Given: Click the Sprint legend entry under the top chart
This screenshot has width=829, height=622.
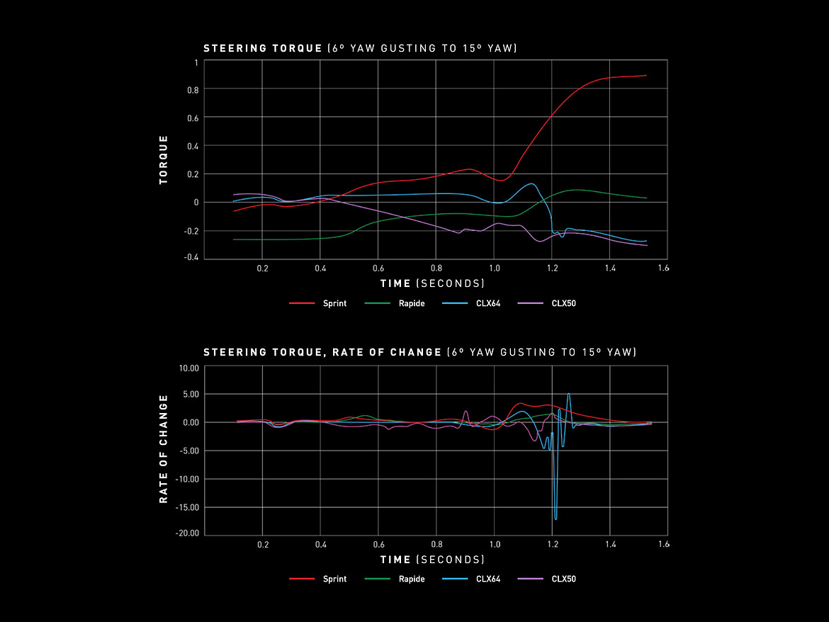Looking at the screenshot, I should click(335, 303).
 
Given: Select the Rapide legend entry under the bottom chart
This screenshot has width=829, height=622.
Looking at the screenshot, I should click(411, 579).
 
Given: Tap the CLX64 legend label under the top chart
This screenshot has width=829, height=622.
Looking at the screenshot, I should click(488, 303).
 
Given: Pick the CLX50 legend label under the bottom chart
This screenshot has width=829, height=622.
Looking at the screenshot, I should click(563, 579).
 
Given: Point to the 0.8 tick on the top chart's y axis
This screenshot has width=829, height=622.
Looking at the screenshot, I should click(192, 89).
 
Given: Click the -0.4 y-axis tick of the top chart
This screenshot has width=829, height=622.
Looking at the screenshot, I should click(190, 257).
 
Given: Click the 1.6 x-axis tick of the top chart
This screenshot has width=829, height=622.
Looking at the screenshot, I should click(663, 269).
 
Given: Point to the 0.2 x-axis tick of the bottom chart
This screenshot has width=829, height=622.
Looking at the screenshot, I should click(263, 545).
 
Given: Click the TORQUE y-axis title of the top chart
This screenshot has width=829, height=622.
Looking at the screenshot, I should click(164, 160).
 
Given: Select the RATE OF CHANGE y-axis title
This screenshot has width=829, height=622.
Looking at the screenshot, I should click(164, 449).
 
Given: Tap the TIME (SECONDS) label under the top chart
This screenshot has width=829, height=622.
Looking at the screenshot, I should click(432, 283).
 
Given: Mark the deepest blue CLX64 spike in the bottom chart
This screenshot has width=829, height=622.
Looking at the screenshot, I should click(556, 519).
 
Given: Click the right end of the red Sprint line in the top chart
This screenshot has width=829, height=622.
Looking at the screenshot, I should click(645, 75).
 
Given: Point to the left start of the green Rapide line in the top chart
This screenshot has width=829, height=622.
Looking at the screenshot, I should click(235, 239).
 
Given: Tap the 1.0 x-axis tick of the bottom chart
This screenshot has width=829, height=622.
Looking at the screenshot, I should click(494, 545).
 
